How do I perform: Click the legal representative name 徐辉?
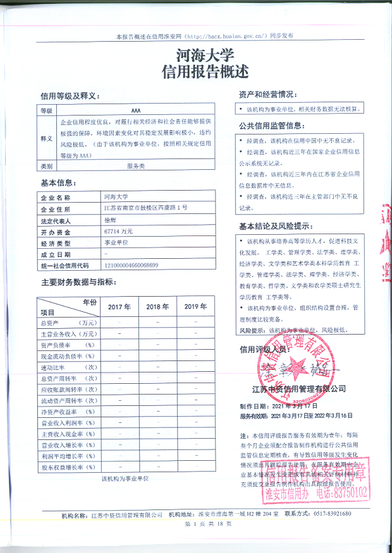[x=110, y=221]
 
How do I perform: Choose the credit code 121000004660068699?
[x=131, y=265]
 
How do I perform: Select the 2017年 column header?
[x=119, y=307]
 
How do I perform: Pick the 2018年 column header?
[x=157, y=307]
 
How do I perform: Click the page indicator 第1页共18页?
[x=195, y=525]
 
